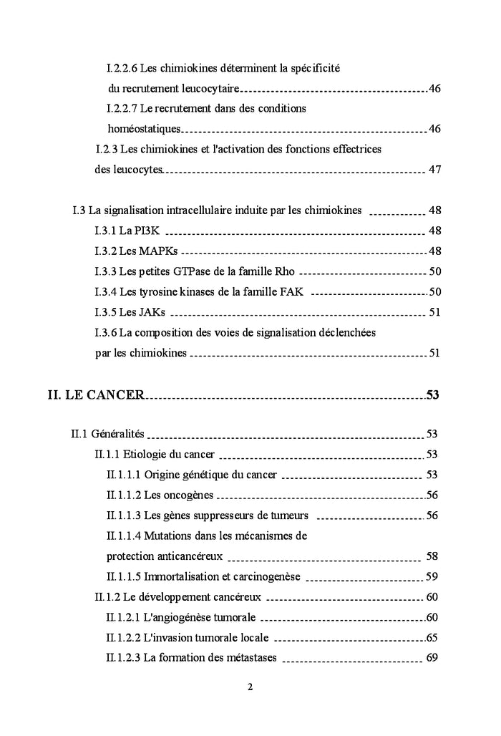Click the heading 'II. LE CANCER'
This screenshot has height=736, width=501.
[x=96, y=394]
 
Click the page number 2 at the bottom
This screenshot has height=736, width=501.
[x=250, y=687]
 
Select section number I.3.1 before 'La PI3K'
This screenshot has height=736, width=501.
[x=105, y=231]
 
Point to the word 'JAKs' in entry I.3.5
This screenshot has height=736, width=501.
[x=154, y=312]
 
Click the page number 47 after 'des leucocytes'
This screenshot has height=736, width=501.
[x=434, y=170]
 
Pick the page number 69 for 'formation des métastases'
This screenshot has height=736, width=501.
[x=432, y=658]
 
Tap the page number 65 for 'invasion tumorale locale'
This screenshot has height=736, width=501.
[x=432, y=638]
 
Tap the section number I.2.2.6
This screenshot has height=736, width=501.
[x=122, y=69]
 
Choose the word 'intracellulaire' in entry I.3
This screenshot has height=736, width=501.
[x=196, y=211]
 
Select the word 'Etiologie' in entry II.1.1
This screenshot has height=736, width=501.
[x=146, y=455]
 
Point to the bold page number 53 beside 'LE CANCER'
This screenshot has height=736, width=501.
[x=432, y=394]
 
